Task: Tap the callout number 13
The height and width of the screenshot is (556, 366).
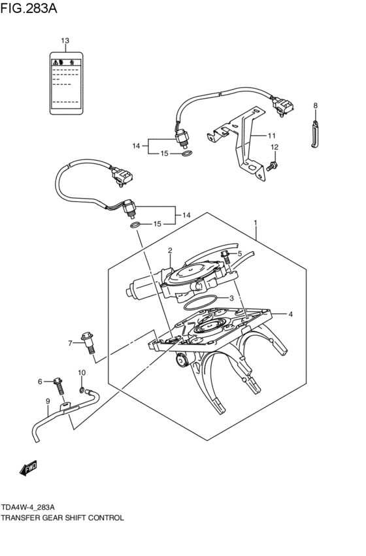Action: (x=65, y=41)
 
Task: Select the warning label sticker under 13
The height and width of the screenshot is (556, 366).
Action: (x=65, y=82)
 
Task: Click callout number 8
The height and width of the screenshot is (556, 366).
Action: (x=315, y=105)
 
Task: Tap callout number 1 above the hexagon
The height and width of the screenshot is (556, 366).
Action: (x=256, y=223)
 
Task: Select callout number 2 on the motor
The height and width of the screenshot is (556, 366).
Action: (x=169, y=250)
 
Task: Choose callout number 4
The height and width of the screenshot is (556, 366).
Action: (x=291, y=314)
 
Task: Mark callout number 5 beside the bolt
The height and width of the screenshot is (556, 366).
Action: (x=239, y=253)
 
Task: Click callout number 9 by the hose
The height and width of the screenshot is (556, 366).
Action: (x=48, y=401)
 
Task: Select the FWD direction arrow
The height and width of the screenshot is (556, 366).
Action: (x=28, y=468)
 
